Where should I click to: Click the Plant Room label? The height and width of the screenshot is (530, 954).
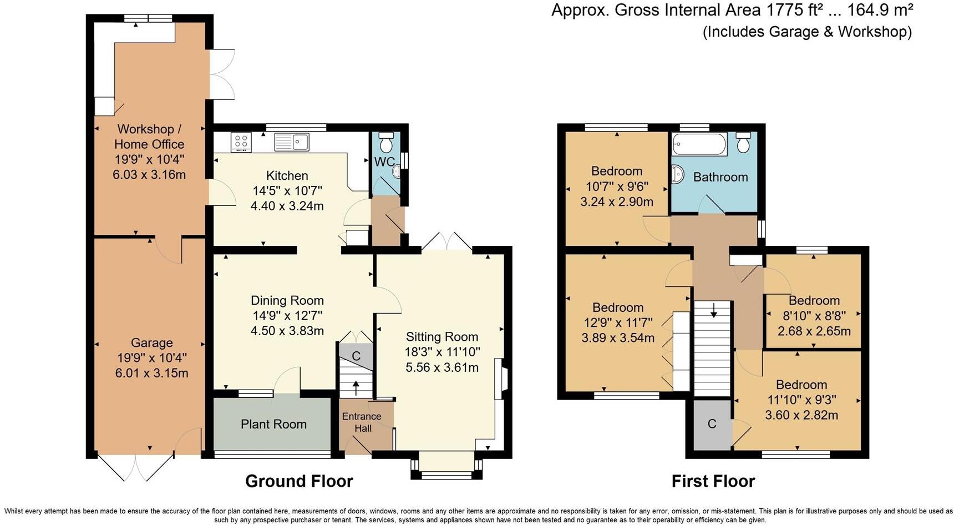pos(273,425)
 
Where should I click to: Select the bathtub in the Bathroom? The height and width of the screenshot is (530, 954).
pos(699,144)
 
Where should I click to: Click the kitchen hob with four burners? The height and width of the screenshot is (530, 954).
pos(241,142)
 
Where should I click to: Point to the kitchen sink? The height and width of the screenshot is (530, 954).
pos(292,142)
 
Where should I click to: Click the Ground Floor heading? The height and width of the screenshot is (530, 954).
pos(299,481)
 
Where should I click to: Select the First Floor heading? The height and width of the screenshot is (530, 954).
pos(713,481)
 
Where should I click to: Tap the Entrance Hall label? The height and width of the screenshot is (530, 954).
pos(362,422)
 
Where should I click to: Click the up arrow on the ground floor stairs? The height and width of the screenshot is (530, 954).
pos(356,386)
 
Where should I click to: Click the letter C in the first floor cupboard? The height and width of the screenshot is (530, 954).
pos(712,424)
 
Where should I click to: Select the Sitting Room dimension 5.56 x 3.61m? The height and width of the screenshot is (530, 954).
pos(442,367)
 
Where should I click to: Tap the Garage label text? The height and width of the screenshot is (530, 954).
pos(151,343)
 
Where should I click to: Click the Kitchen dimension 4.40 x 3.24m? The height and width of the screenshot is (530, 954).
pos(287,206)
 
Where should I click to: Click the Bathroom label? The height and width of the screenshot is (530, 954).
pos(720,177)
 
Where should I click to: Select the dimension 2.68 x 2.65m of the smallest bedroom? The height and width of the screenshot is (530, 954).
pos(814,331)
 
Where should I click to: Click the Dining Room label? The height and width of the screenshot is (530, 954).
pos(287,301)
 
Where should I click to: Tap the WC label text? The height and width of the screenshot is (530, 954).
pos(384,162)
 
